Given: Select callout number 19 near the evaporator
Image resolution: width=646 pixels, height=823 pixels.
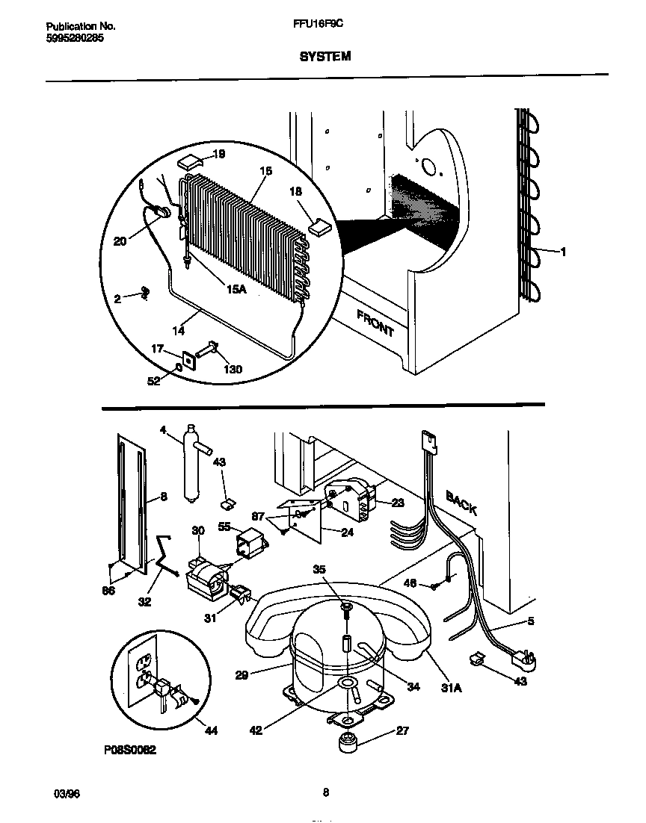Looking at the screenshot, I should (219, 155).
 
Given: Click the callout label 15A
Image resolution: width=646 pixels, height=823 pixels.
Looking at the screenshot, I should (236, 290).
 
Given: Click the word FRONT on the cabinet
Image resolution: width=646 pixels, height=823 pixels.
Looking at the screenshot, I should (375, 323).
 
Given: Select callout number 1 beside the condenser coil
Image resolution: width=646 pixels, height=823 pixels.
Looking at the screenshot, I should (563, 252).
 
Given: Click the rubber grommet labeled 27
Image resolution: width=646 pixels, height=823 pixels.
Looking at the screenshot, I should (348, 743).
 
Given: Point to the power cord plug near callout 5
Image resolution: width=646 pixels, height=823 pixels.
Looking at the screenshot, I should (516, 658).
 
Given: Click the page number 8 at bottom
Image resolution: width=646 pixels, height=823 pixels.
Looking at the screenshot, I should (325, 793).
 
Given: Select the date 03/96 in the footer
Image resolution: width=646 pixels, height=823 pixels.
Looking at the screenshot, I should (67, 793).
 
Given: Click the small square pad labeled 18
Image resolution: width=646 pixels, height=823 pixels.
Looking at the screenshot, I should (319, 226).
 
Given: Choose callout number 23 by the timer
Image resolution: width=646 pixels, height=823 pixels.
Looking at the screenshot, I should (398, 503).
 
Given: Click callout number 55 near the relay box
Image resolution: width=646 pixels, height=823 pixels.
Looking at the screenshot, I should (224, 527).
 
